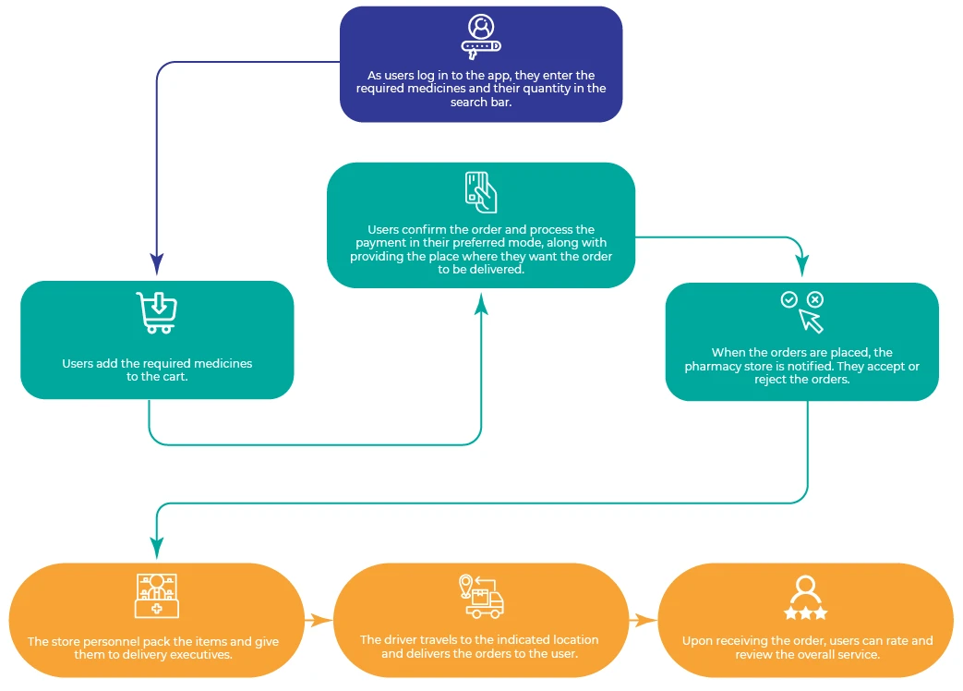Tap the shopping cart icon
click(156, 312)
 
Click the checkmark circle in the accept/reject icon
click(788, 299)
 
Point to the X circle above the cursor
click(814, 299)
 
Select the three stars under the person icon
click(805, 613)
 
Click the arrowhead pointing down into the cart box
click(157, 267)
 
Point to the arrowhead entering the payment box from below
click(481, 302)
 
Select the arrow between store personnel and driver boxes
click(318, 621)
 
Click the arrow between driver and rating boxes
click(643, 621)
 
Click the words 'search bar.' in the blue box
click(480, 103)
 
